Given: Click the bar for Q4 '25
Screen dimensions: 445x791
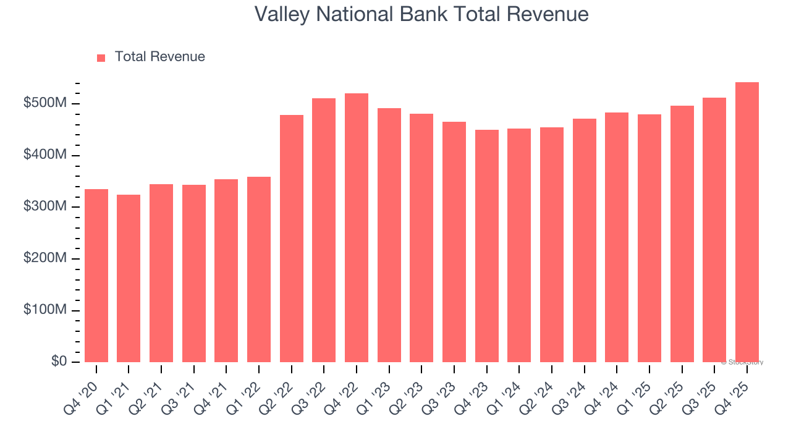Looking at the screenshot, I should [x=747, y=222].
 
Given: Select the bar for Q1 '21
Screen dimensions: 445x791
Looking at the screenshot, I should [x=129, y=278].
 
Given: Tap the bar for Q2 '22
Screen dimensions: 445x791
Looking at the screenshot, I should [x=291, y=239].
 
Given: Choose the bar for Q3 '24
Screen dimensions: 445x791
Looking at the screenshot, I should [x=584, y=240].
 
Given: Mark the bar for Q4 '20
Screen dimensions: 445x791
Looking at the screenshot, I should [x=96, y=276].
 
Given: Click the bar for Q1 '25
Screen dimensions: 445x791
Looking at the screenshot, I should [x=649, y=238].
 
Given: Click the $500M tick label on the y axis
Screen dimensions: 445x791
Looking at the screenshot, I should [x=44, y=103].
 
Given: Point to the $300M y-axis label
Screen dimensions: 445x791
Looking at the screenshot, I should [x=44, y=206].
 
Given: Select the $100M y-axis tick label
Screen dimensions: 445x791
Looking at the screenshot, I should [x=44, y=310].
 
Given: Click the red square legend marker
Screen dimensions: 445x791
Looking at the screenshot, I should [x=101, y=57].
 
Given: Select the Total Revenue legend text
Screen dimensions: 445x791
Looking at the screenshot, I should [x=159, y=57].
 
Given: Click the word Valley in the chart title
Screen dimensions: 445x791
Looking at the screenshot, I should [x=281, y=14].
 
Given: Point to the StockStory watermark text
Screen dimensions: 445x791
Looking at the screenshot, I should [x=743, y=362].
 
